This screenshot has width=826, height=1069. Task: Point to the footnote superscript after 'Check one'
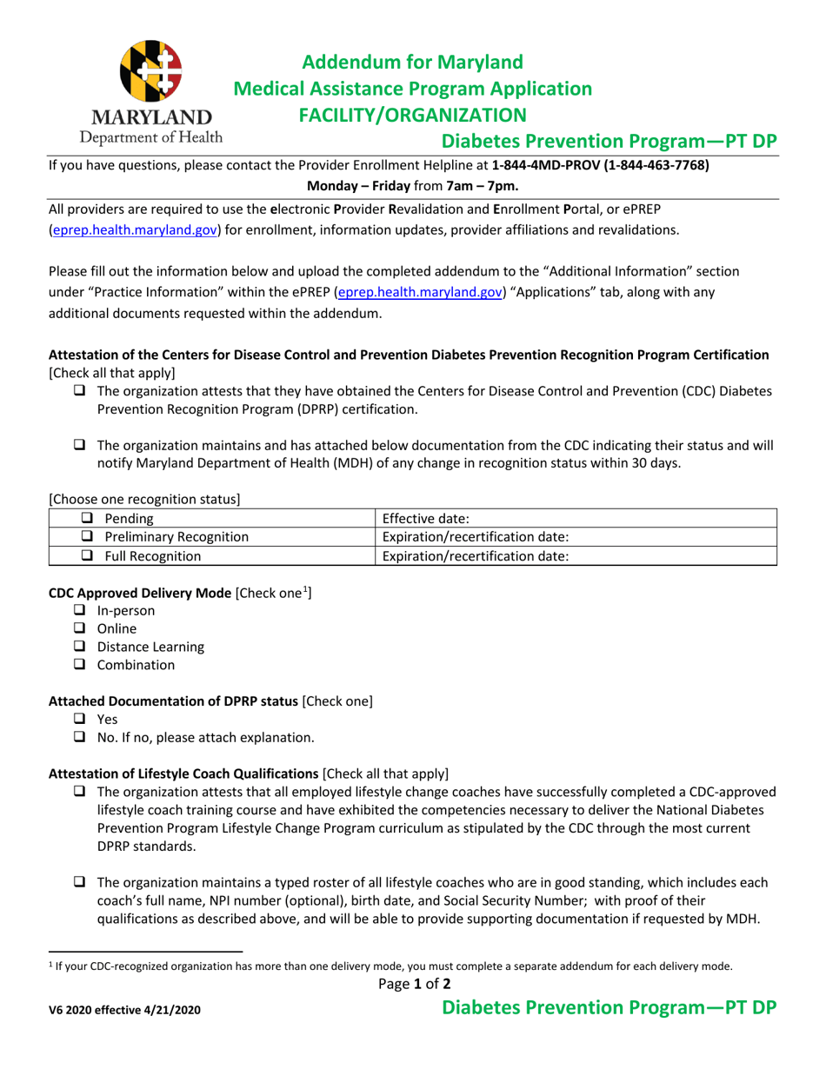(x=305, y=590)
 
